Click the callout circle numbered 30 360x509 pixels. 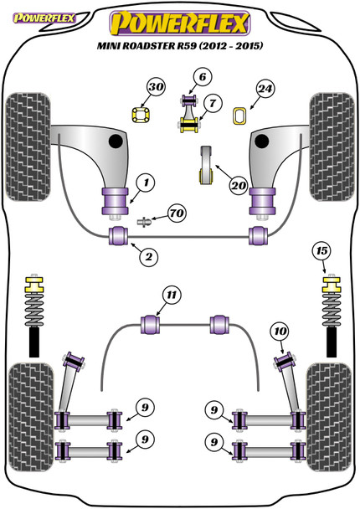[x=156, y=87]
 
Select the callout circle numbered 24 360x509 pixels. [x=265, y=89]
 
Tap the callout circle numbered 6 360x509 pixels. [x=203, y=77]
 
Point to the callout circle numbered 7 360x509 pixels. [x=213, y=103]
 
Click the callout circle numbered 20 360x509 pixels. [x=239, y=185]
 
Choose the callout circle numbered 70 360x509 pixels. [x=177, y=213]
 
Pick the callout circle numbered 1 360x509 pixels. [x=146, y=183]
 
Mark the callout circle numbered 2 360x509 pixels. [x=149, y=257]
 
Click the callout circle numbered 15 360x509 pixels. [x=321, y=251]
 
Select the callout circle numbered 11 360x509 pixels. [x=172, y=295]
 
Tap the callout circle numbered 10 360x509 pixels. [x=280, y=332]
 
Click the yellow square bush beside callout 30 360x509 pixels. [x=141, y=115]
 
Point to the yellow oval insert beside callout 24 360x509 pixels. [x=240, y=116]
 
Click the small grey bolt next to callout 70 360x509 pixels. [x=145, y=222]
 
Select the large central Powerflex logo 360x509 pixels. [x=180, y=23]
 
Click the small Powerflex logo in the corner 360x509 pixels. [x=44, y=18]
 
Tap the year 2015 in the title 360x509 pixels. [x=249, y=45]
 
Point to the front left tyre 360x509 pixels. [x=28, y=147]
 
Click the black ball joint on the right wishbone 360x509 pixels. [x=262, y=141]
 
